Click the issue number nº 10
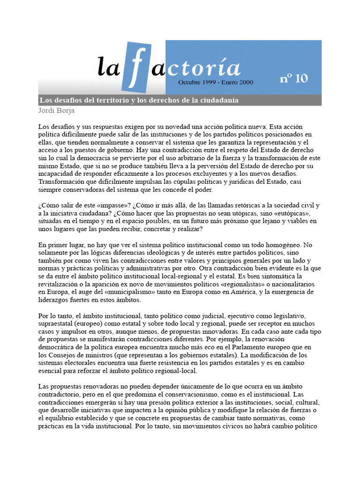(x=294, y=78)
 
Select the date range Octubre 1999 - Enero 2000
(x=216, y=82)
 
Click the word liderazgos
(x=56, y=300)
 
